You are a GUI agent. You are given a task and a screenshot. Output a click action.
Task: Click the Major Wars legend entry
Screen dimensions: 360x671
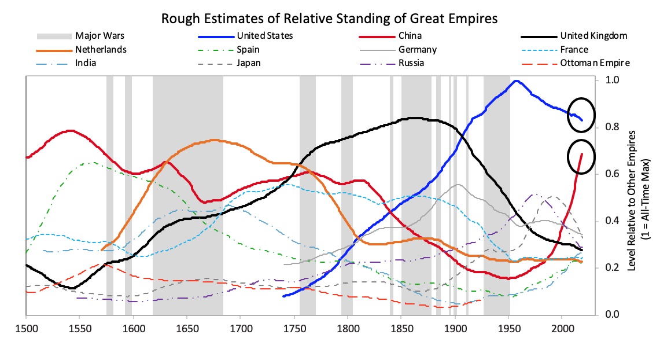click(100, 36)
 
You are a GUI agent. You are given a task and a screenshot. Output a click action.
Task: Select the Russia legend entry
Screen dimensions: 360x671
click(411, 63)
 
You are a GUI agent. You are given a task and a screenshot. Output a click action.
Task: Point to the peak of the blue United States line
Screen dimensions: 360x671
click(516, 81)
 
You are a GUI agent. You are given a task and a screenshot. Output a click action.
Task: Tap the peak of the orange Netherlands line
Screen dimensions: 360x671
click(215, 140)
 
